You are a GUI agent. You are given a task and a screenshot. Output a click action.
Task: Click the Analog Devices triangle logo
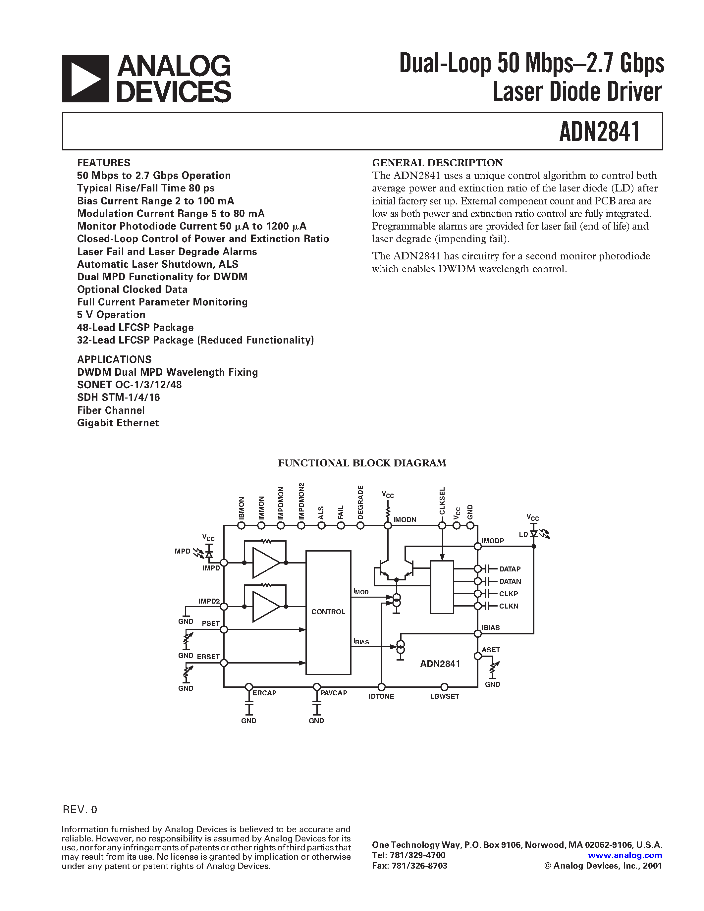click(85, 79)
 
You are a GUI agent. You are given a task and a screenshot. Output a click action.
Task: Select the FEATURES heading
click(103, 163)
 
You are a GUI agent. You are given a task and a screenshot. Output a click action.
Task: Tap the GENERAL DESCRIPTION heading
click(437, 163)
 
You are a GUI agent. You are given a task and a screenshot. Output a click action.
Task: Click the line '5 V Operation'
click(111, 314)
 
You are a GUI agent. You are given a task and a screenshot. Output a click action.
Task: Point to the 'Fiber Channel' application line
click(111, 410)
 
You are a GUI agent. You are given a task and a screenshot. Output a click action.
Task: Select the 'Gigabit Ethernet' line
click(118, 423)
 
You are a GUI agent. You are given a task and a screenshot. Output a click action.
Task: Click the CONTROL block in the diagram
click(328, 612)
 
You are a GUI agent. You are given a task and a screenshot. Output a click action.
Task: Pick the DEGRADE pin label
click(361, 502)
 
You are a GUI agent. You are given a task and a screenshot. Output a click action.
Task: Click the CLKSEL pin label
click(442, 501)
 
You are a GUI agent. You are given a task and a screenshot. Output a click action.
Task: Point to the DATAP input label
click(510, 569)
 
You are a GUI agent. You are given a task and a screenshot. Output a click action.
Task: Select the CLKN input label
click(509, 606)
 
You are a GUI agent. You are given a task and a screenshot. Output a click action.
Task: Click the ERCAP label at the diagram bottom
click(264, 693)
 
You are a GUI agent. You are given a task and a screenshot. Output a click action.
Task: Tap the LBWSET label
click(445, 696)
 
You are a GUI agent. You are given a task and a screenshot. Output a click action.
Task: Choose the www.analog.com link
click(625, 855)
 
